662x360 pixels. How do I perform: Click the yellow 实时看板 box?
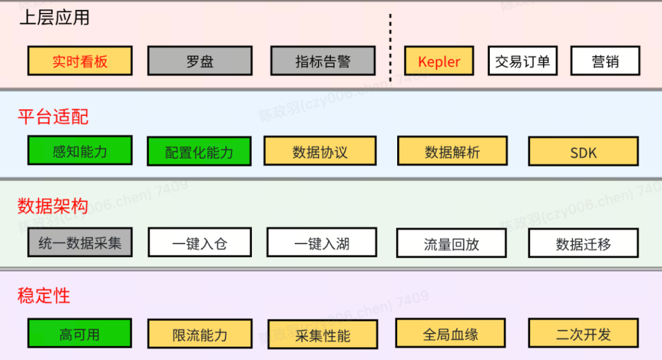(x=80, y=61)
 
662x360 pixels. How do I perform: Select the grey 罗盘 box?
(x=199, y=61)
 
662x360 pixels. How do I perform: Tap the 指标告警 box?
(x=322, y=61)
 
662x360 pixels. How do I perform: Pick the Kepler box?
(x=439, y=61)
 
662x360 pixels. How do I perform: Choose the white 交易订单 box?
(x=522, y=61)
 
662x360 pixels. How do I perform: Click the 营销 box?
(x=605, y=61)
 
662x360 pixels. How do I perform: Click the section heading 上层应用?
(x=55, y=18)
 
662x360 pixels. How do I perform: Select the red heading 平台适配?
(x=53, y=117)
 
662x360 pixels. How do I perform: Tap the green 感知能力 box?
(x=80, y=150)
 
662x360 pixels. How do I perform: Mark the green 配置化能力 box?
(x=199, y=151)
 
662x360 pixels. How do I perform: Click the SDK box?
(x=583, y=151)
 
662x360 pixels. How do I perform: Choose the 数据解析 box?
(x=452, y=151)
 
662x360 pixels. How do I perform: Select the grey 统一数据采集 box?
(x=80, y=242)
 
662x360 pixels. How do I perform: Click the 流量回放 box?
(x=451, y=243)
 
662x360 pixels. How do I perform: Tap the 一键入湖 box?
(x=321, y=243)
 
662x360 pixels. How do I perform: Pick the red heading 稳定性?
(x=44, y=296)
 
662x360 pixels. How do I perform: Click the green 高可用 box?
(x=80, y=333)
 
